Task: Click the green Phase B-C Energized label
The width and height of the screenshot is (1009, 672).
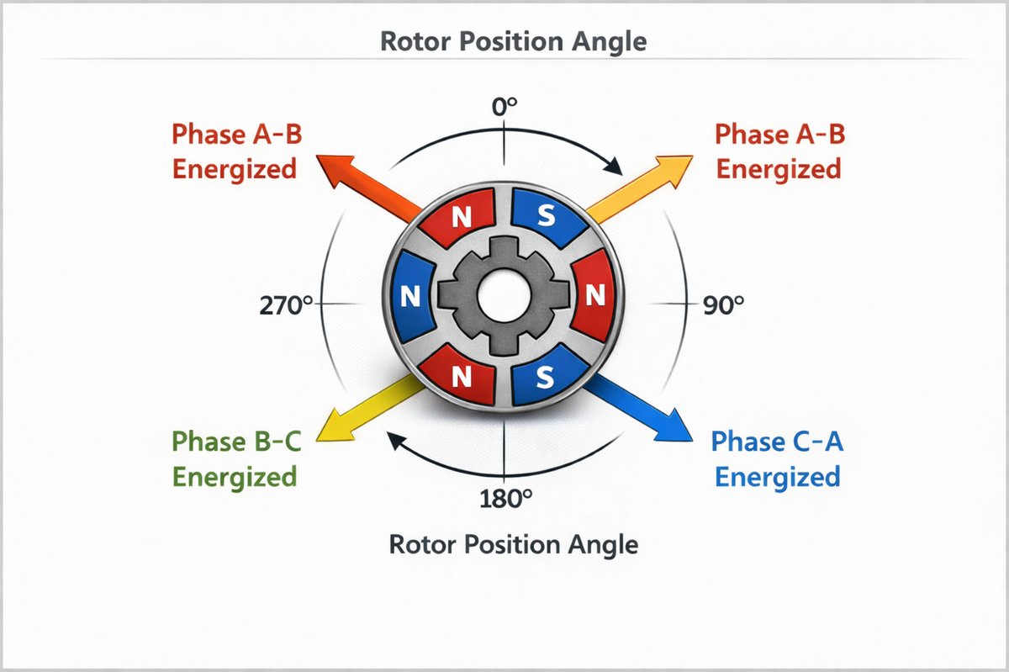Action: pyautogui.click(x=235, y=459)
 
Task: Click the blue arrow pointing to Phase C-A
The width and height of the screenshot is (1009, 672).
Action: pyautogui.click(x=639, y=410)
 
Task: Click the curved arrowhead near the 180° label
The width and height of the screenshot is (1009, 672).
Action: pyautogui.click(x=394, y=440)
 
